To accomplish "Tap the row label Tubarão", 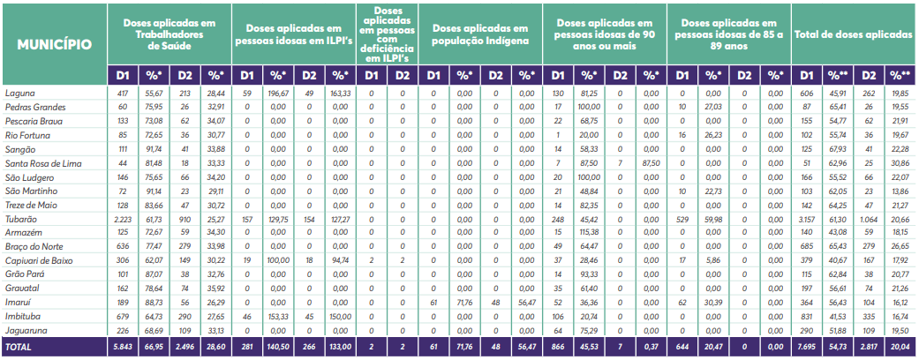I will click(x=21, y=219).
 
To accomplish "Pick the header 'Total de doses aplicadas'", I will click(x=854, y=35).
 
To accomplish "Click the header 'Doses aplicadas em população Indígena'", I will click(x=481, y=35).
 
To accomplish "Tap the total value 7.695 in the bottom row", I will click(x=807, y=348).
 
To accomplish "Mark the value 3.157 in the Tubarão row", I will click(x=807, y=219).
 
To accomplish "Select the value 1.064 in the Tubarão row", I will click(x=869, y=219).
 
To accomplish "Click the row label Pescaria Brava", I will click(x=33, y=121).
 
